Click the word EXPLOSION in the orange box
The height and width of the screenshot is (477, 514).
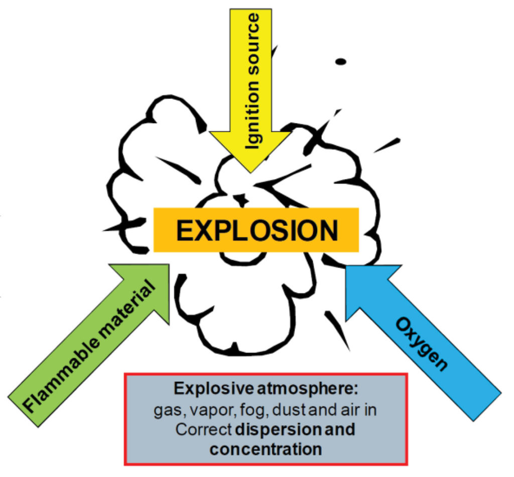pyautogui.click(x=256, y=230)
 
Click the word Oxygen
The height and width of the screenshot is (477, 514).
pyautogui.click(x=421, y=344)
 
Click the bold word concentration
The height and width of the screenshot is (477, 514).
pyautogui.click(x=266, y=448)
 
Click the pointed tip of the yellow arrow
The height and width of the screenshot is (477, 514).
pyautogui.click(x=249, y=172)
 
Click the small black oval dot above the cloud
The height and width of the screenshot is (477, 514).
pyautogui.click(x=341, y=62)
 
